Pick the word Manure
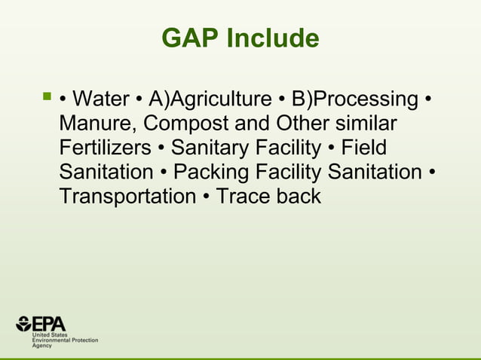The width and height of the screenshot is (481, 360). [94, 124]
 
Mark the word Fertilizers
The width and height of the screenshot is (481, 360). [105, 148]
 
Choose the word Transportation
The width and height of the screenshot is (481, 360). [127, 197]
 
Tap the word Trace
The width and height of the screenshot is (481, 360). [243, 197]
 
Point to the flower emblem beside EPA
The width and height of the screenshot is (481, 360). [23, 325]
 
